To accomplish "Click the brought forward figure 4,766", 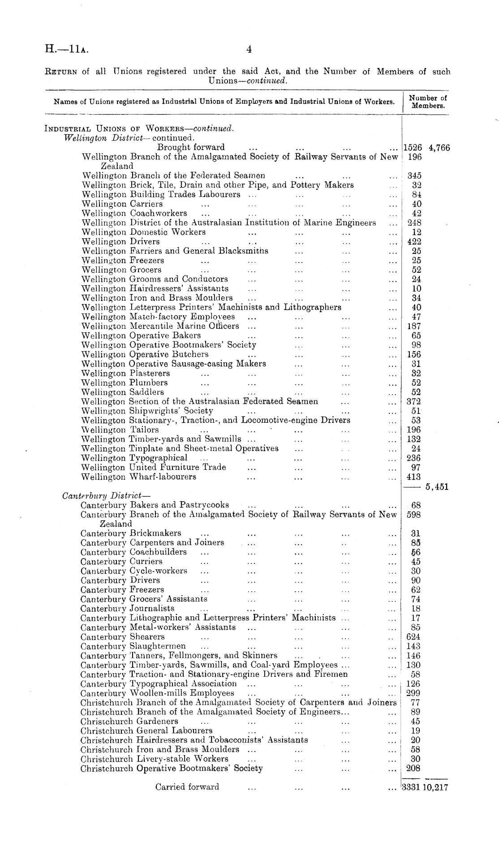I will click(x=439, y=148).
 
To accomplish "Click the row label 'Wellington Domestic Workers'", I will click(x=144, y=232).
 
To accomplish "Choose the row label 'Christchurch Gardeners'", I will click(x=129, y=721).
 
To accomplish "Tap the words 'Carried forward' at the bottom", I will click(x=187, y=787).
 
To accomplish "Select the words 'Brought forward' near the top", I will click(x=191, y=147).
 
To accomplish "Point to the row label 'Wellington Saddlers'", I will click(x=123, y=392).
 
